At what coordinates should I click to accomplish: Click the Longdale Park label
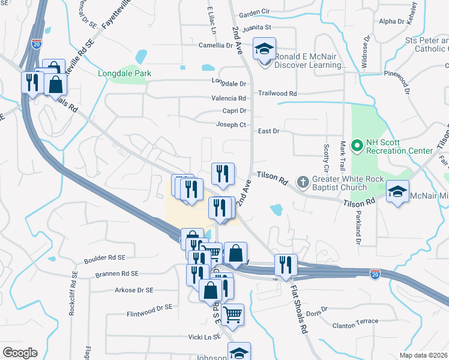pos(125,73)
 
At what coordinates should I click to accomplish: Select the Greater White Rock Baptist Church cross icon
pos(304,181)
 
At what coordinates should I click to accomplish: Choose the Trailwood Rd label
pos(277,94)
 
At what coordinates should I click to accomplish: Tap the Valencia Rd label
pos(229,98)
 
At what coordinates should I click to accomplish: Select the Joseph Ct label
pos(231,125)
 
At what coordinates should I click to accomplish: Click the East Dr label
pos(268,131)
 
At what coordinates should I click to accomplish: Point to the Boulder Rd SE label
pos(104,258)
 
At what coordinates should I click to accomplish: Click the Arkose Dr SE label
pos(134,290)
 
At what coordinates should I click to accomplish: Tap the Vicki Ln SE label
pos(205,337)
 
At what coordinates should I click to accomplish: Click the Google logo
pos(20,353)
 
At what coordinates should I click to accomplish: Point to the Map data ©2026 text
pos(424,355)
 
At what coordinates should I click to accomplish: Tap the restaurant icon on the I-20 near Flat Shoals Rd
pos(286,265)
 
